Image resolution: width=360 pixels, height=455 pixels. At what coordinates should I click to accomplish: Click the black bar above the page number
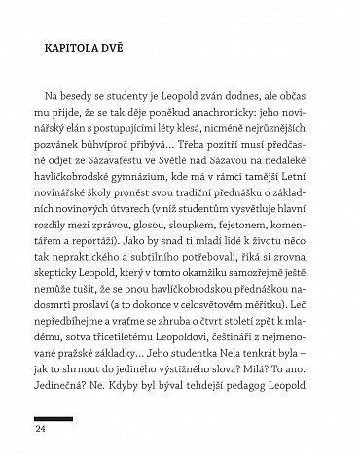click(x=53, y=415)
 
